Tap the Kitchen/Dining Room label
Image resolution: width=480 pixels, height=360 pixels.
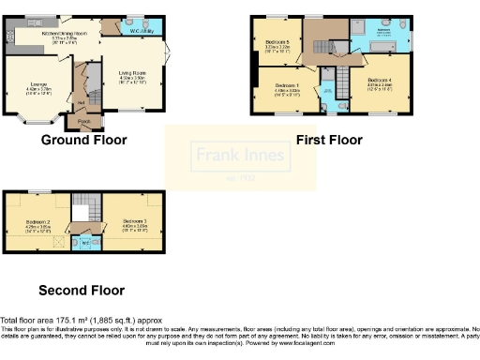(x=62, y=33)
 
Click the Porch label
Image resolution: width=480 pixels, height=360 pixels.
(x=84, y=121)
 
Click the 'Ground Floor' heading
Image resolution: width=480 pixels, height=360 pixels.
(x=83, y=141)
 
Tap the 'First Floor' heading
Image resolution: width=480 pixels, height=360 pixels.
(x=329, y=141)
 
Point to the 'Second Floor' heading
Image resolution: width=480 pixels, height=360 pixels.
(x=81, y=290)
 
